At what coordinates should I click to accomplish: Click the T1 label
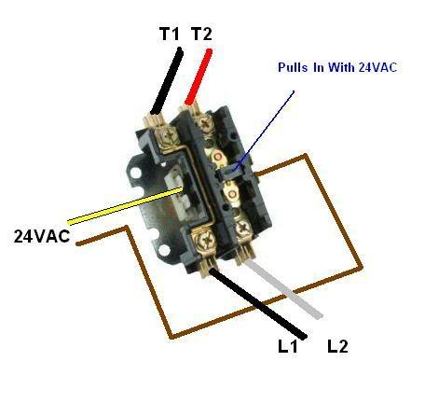(170, 34)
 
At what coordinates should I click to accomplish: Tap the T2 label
(201, 34)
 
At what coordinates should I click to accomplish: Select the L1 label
(288, 346)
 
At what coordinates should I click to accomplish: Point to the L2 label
(337, 346)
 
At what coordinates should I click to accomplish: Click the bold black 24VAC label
(42, 236)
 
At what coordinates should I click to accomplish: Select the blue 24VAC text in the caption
(377, 67)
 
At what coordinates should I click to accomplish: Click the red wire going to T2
(199, 76)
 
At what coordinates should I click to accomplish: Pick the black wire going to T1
(167, 80)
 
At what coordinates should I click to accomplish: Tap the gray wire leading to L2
(284, 290)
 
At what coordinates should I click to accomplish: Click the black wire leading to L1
(258, 303)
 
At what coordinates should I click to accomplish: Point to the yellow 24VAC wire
(125, 205)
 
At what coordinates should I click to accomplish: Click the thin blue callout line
(264, 131)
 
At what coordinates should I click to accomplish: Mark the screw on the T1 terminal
(170, 135)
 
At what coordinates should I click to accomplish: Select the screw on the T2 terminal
(205, 122)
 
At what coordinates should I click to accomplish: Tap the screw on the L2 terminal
(242, 229)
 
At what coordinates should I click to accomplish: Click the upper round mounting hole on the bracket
(136, 173)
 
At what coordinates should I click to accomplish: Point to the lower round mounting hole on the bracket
(164, 250)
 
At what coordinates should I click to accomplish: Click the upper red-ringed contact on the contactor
(218, 157)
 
